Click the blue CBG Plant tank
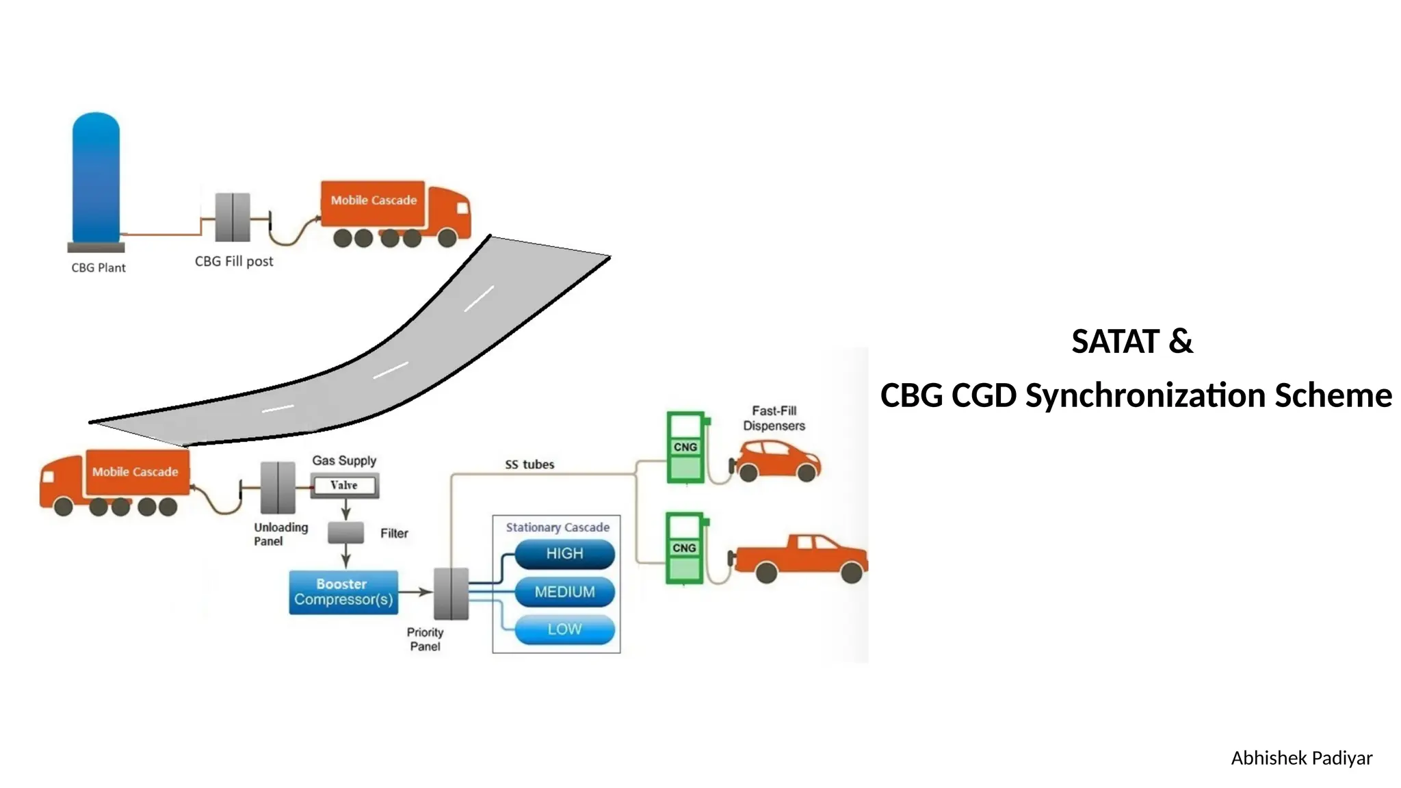[96, 178]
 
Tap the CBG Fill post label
[234, 261]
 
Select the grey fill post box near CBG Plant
[233, 218]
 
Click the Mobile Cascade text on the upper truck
[374, 200]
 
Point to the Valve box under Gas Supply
[344, 486]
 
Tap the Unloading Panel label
[280, 534]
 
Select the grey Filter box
[345, 533]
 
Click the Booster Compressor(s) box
[343, 592]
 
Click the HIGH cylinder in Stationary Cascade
[564, 554]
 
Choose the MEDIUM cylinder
[564, 592]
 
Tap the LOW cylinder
[564, 630]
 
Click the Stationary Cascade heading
[558, 527]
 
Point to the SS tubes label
[529, 465]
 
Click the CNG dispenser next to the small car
[685, 448]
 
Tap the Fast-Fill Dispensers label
[774, 418]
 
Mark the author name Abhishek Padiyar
[1301, 759]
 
